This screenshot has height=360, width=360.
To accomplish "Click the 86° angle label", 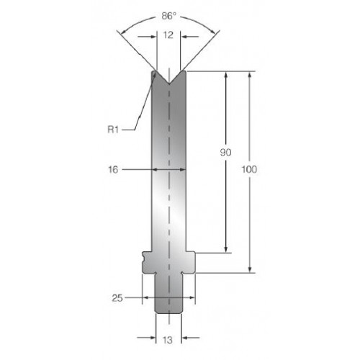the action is click(x=168, y=16).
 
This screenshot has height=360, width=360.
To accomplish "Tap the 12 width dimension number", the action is click(x=168, y=35).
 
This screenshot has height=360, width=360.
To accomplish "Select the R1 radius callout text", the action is click(x=113, y=130).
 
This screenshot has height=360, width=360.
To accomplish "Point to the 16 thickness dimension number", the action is click(x=113, y=170).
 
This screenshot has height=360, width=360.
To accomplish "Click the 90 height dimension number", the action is click(x=225, y=153).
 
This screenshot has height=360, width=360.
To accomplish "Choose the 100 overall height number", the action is click(x=249, y=169).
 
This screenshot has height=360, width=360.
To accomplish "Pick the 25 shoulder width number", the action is click(x=117, y=298).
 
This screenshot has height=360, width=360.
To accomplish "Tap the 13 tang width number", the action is click(x=167, y=340).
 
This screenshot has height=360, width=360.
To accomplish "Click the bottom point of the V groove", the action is click(x=169, y=84).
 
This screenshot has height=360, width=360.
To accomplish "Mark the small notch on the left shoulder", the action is click(x=143, y=258).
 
